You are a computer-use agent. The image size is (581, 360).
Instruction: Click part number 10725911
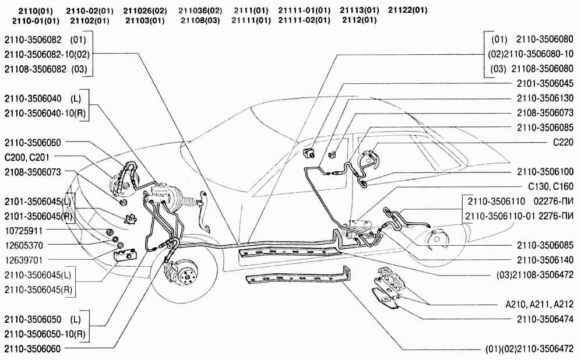click(24, 231)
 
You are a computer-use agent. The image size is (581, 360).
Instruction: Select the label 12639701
click(24, 260)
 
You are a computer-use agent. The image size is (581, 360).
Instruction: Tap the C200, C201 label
click(27, 157)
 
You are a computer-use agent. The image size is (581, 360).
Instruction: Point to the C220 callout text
click(563, 142)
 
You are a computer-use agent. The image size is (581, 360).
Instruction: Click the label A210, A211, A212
click(540, 305)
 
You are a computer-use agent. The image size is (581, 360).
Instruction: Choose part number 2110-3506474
click(545, 319)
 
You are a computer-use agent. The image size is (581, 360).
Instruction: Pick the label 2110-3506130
click(545, 98)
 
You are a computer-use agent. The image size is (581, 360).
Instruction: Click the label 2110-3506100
click(545, 172)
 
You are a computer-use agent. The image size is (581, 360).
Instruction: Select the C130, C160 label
click(551, 186)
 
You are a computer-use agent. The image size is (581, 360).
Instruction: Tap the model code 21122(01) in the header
click(407, 10)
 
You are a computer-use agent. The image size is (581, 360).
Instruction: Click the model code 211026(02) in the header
click(145, 10)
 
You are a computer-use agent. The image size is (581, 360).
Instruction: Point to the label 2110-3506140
click(545, 260)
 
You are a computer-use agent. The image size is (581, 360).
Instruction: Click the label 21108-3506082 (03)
click(45, 69)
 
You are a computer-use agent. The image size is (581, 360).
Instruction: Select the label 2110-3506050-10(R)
click(45, 334)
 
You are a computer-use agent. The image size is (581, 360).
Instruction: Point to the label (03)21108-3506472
click(535, 275)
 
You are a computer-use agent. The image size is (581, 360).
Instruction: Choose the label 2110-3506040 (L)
click(43, 98)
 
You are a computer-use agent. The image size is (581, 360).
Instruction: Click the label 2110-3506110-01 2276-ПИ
click(519, 216)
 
